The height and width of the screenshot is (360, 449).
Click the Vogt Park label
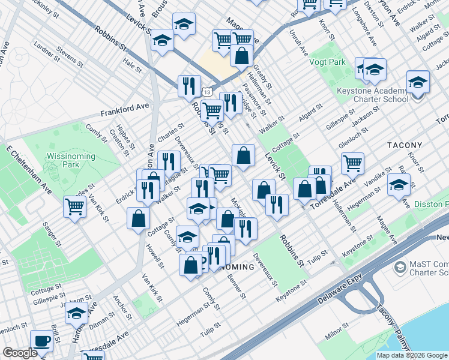click(x=327, y=62)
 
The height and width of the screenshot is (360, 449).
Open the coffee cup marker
click(x=41, y=340)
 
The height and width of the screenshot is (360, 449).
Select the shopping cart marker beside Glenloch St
click(x=352, y=162)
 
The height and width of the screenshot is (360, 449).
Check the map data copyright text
click(x=411, y=355)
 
